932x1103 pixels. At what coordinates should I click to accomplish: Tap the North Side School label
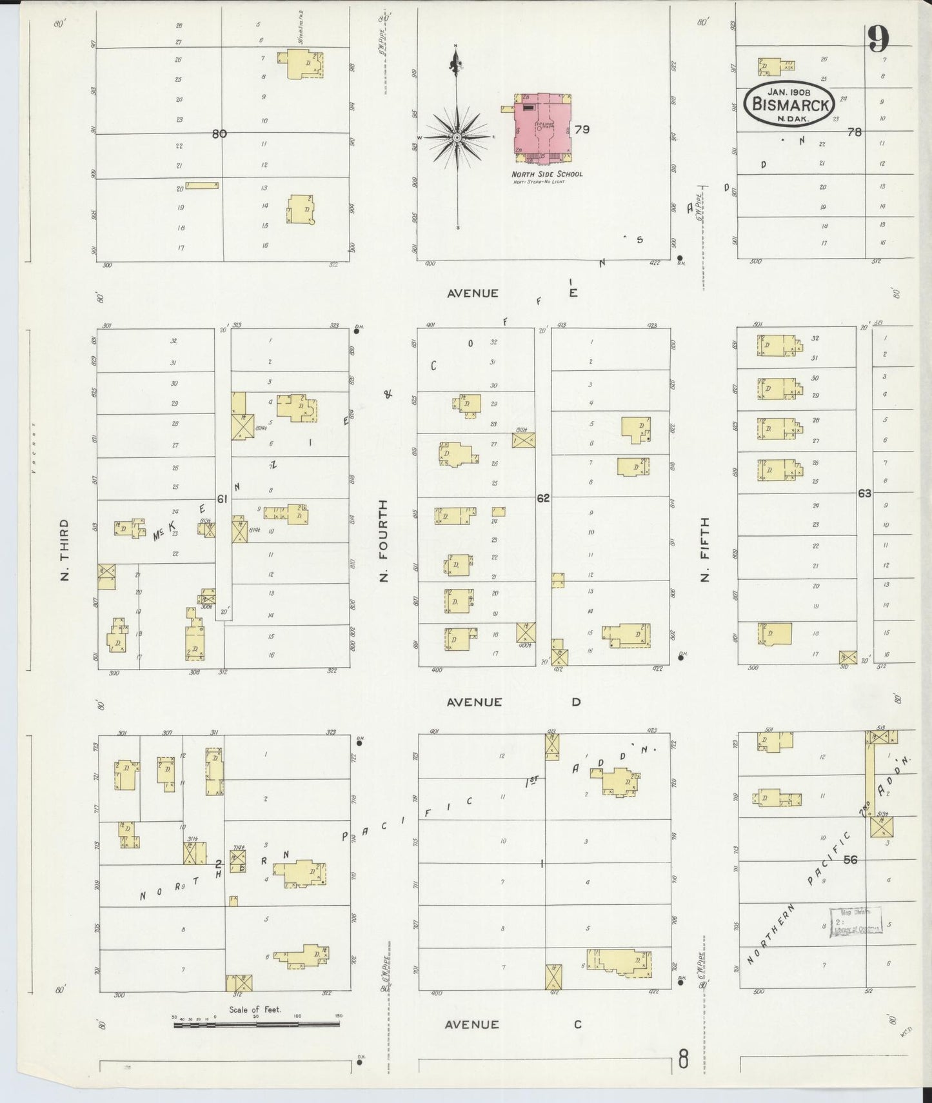point(547,174)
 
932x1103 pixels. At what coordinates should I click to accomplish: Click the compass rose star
point(457,137)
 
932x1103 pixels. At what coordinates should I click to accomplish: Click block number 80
point(219,134)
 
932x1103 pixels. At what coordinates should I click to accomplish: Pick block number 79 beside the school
point(582,129)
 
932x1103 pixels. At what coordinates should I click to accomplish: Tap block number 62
point(543,497)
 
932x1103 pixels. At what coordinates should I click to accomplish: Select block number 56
point(850,859)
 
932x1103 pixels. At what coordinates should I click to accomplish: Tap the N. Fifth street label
point(704,549)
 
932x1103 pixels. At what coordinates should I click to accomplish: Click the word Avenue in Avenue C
point(473,1024)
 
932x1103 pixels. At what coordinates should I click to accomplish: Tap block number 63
point(864,493)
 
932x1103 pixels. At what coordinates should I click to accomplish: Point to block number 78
point(855,132)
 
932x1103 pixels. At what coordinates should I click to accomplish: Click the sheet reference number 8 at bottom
point(682,1059)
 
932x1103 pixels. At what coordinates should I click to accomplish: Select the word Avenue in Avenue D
point(474,702)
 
